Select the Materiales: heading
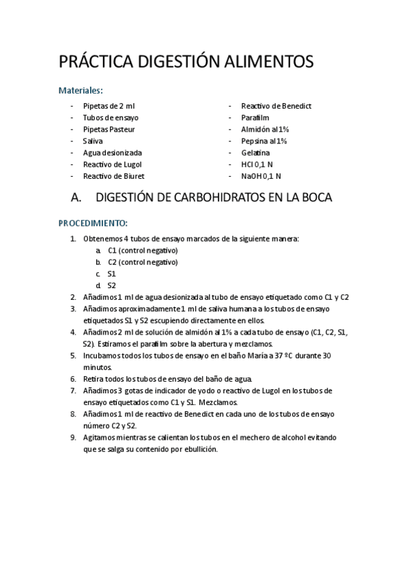81,89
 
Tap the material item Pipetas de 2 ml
109,106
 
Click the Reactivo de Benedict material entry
276,106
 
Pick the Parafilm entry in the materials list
255,117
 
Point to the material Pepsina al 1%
264,141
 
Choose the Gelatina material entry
255,153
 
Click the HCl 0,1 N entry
257,165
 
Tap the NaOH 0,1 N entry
260,176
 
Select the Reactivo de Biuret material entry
113,176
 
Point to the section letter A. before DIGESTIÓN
76,199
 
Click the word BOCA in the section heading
315,199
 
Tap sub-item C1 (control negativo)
142,250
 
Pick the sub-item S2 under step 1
112,285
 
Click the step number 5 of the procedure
73,356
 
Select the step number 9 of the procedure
73,438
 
